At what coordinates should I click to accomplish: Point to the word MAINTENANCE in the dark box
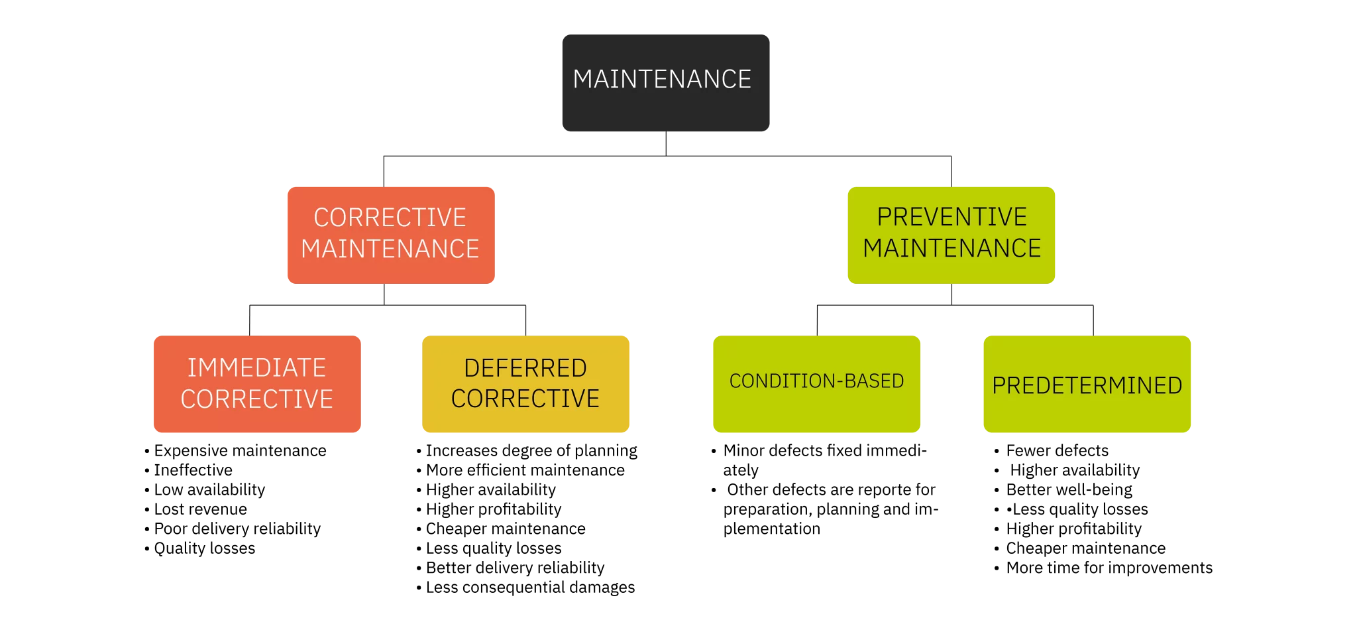(x=662, y=79)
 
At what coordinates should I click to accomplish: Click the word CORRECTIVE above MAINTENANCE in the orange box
(x=390, y=218)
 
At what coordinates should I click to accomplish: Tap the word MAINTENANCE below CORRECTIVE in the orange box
(x=390, y=249)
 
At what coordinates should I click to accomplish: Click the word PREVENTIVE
(x=951, y=217)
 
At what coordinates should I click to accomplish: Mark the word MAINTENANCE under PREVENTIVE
(x=951, y=248)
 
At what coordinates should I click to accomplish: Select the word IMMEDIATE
(x=256, y=367)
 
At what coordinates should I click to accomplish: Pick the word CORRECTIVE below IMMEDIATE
(x=256, y=399)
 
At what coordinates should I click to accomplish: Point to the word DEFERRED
(x=525, y=367)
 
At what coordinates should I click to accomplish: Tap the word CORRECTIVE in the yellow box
(x=525, y=398)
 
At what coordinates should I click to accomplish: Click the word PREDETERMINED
(x=1087, y=385)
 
